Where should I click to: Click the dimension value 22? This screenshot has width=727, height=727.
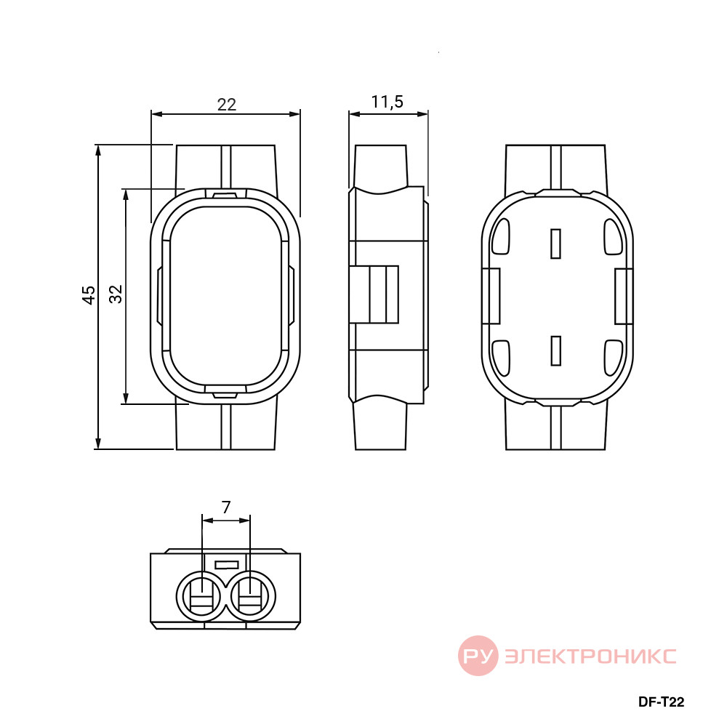(227, 104)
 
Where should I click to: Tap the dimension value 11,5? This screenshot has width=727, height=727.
(387, 102)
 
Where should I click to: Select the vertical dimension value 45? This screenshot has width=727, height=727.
(89, 295)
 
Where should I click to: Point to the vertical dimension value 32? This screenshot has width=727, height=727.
(116, 294)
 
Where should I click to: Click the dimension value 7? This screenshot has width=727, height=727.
(226, 507)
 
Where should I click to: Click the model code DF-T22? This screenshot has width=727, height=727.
(661, 702)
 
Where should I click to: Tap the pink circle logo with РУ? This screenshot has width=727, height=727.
(478, 656)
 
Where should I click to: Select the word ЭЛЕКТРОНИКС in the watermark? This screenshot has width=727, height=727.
(590, 656)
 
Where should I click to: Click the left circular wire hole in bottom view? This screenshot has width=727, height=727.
(201, 596)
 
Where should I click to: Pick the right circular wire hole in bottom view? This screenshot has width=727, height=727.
(250, 596)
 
